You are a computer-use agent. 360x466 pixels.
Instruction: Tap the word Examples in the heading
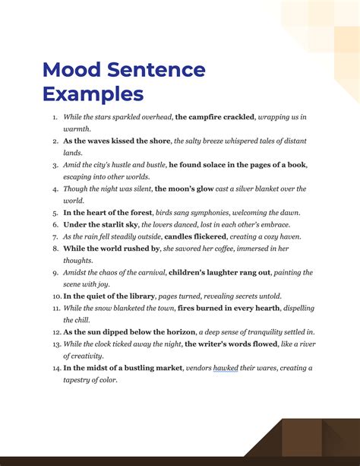coord(93,94)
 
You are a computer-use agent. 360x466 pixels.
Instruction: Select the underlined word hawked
coord(225,369)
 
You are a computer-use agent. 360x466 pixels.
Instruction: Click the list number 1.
coord(55,118)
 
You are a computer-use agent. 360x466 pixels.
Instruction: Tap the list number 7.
coord(55,236)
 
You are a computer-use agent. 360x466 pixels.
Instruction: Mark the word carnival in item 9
coord(148,272)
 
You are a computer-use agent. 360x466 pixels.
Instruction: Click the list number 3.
coord(55,165)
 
